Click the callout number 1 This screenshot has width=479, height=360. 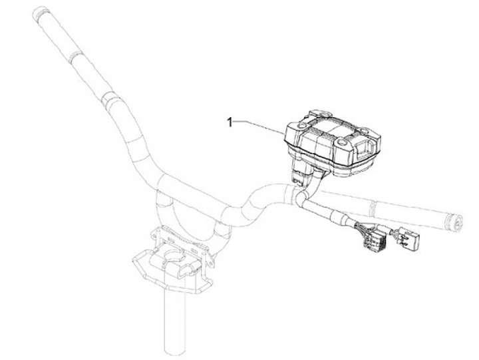[x=230, y=122]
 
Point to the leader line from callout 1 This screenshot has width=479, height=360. [x=259, y=126]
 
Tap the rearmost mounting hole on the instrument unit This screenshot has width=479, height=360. [x=324, y=114]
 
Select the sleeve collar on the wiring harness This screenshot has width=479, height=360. [x=340, y=216]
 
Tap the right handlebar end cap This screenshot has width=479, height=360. [x=456, y=222]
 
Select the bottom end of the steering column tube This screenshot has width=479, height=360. [x=175, y=351]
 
